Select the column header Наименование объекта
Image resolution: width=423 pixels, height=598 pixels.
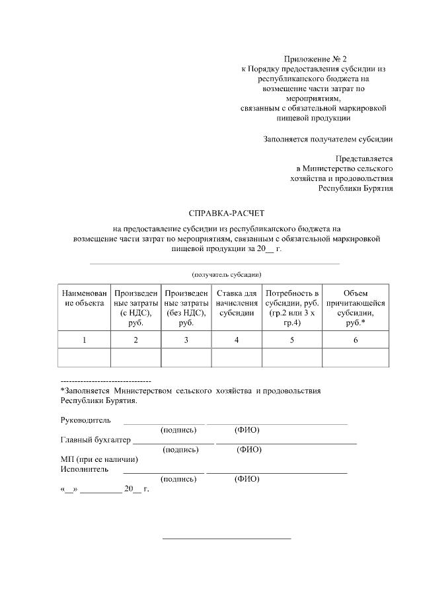click(84, 298)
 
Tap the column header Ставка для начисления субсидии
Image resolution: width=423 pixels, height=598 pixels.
click(237, 303)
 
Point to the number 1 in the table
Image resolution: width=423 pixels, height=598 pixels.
click(84, 340)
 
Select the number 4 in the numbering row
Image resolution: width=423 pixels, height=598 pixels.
click(237, 340)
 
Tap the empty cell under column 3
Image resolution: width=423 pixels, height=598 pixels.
click(186, 357)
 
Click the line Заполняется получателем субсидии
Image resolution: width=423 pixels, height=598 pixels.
click(328, 139)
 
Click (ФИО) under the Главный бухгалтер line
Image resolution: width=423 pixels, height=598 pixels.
click(249, 450)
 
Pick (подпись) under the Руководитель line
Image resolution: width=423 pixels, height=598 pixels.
click(178, 430)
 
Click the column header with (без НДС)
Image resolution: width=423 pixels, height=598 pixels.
click(186, 307)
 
